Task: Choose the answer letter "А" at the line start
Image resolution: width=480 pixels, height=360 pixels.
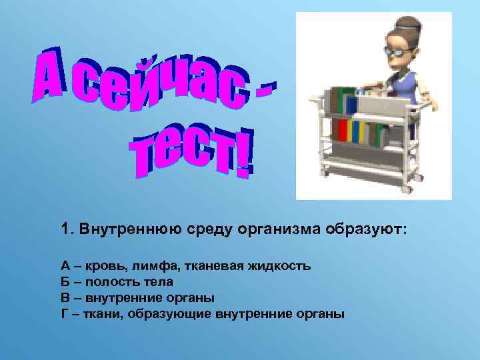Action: [x=65, y=266]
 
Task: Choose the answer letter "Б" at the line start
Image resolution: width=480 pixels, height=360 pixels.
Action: [x=65, y=281]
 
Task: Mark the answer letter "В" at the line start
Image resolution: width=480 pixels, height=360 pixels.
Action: [x=65, y=297]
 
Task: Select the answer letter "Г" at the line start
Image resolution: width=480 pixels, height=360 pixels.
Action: [x=65, y=312]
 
